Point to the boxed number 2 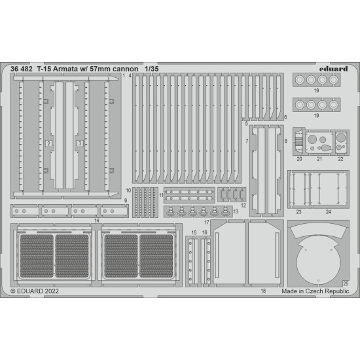coord(48,142)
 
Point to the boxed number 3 coord(79,142)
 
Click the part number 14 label coord(97,220)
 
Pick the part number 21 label coord(318,159)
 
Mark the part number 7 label coord(247,141)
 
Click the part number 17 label coord(206,223)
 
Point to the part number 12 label coord(243,204)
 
